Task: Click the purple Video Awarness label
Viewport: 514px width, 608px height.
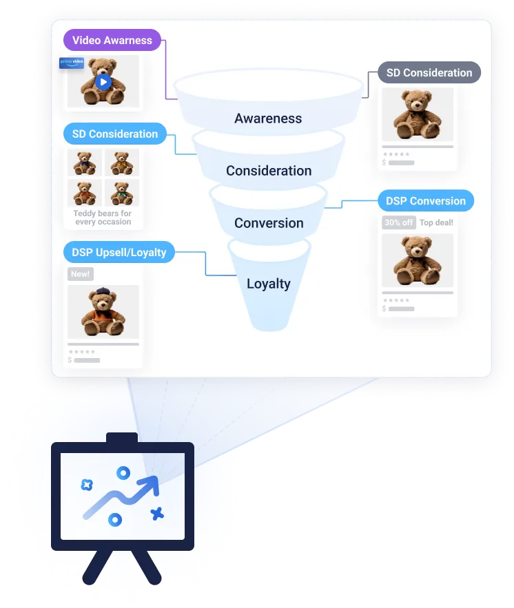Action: pyautogui.click(x=112, y=40)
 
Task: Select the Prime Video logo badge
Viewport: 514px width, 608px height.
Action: pyautogui.click(x=72, y=62)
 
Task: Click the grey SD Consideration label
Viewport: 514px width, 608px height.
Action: pyautogui.click(x=429, y=73)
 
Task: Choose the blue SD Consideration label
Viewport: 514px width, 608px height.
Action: pyautogui.click(x=114, y=134)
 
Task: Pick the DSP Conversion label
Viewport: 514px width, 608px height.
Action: pyautogui.click(x=425, y=201)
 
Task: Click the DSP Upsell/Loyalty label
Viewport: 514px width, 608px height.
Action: pyautogui.click(x=119, y=252)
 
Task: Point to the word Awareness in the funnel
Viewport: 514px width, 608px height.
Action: pyautogui.click(x=268, y=118)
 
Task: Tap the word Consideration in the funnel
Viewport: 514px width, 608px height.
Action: pyautogui.click(x=269, y=171)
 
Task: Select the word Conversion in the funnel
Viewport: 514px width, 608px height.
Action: pyautogui.click(x=269, y=223)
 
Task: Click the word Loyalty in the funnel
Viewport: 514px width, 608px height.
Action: pyautogui.click(x=269, y=284)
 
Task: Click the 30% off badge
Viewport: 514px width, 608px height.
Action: pyautogui.click(x=399, y=222)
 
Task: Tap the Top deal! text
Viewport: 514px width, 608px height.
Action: pyautogui.click(x=436, y=222)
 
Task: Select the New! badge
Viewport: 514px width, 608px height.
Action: pyautogui.click(x=80, y=274)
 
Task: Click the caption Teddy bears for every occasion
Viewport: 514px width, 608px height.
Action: pyautogui.click(x=103, y=218)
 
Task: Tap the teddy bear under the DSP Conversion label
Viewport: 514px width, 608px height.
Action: pyautogui.click(x=418, y=260)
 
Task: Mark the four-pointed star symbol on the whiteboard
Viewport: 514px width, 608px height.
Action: pyautogui.click(x=87, y=484)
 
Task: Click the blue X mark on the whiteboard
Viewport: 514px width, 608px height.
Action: pyautogui.click(x=157, y=513)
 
